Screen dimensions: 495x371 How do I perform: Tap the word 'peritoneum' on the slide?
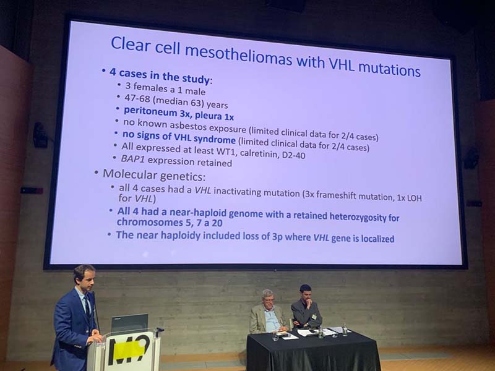click(x=150, y=112)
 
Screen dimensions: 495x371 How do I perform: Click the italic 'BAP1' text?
click(x=132, y=159)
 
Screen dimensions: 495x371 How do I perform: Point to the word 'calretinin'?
click(x=258, y=153)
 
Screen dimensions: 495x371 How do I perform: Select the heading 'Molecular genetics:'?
click(x=154, y=175)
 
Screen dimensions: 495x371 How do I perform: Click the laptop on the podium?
click(x=130, y=323)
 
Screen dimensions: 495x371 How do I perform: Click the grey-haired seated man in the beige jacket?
click(x=267, y=312)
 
